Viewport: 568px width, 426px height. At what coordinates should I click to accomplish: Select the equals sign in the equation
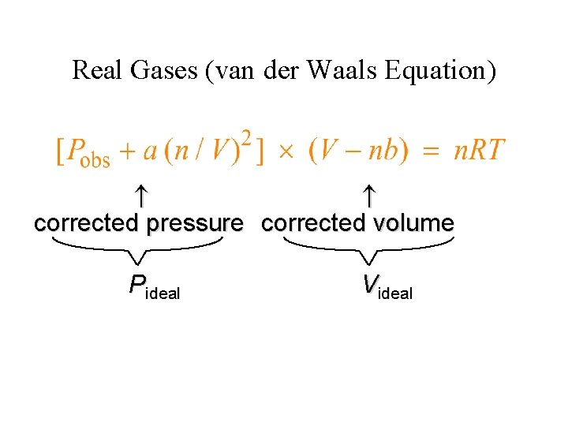431,151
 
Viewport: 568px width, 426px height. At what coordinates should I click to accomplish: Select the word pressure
195,224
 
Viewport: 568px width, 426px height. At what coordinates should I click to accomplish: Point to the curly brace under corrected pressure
138,251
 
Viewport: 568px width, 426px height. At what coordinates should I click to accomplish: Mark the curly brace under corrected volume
369,251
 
